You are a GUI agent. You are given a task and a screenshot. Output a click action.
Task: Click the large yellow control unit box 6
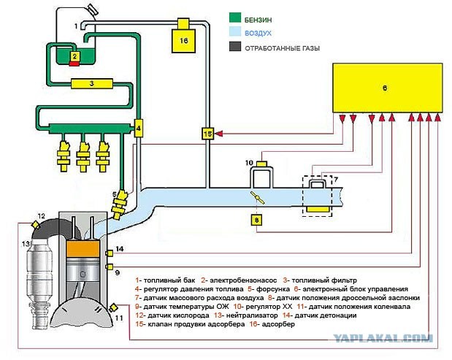[x=388, y=88]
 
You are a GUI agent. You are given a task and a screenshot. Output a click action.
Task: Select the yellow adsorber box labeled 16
[x=184, y=41]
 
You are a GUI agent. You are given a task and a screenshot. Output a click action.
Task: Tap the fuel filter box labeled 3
[x=91, y=83]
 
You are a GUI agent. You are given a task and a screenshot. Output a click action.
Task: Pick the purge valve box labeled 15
[x=208, y=134]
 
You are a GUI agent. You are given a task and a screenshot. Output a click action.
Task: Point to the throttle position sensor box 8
[x=256, y=218]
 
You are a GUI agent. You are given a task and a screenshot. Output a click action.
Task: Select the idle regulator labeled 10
[x=261, y=177]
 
